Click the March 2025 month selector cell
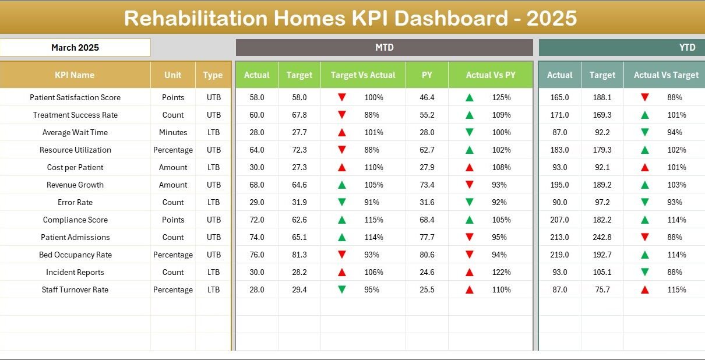(x=75, y=48)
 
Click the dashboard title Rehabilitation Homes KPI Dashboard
(x=350, y=19)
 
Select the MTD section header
(x=384, y=48)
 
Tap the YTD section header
(x=687, y=48)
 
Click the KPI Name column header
(x=75, y=75)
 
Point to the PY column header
(x=427, y=75)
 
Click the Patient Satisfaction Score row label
(x=75, y=97)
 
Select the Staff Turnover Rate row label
(x=75, y=290)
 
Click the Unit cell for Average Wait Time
(x=173, y=132)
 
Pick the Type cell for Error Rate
(x=213, y=202)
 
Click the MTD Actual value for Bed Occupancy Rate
(x=257, y=255)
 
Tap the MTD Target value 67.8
(x=299, y=115)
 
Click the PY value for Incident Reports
(x=427, y=272)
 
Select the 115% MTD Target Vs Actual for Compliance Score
(x=373, y=220)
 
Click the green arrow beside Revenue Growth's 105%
(x=342, y=185)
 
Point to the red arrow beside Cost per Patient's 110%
(x=342, y=167)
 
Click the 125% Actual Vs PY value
(x=501, y=97)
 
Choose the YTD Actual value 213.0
(x=559, y=237)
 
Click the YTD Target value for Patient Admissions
(x=602, y=237)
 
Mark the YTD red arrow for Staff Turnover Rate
(x=644, y=290)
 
